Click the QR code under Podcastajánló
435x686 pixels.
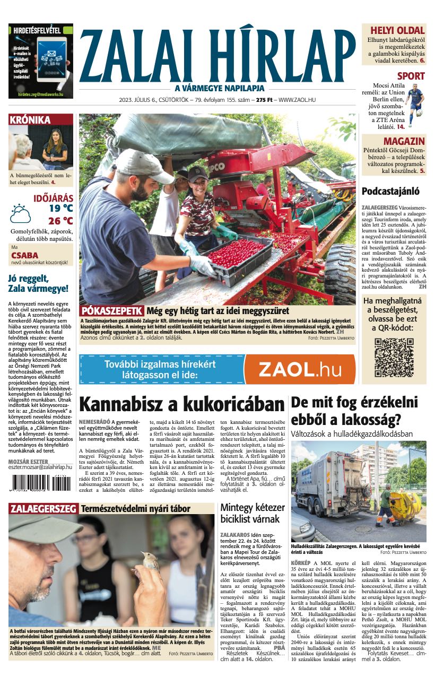[x=394, y=357]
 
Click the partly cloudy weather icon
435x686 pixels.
[x=21, y=214]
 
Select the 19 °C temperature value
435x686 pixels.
[x=61, y=209]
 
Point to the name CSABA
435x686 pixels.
[x=24, y=256]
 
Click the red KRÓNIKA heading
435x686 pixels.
[x=30, y=120]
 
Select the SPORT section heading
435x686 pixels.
[x=411, y=76]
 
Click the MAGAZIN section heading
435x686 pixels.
[x=404, y=141]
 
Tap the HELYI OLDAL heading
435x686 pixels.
[x=397, y=30]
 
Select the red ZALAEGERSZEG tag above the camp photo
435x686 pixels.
[x=43, y=509]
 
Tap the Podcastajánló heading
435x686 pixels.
[x=390, y=191]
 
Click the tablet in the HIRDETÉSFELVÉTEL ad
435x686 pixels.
[x=51, y=58]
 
